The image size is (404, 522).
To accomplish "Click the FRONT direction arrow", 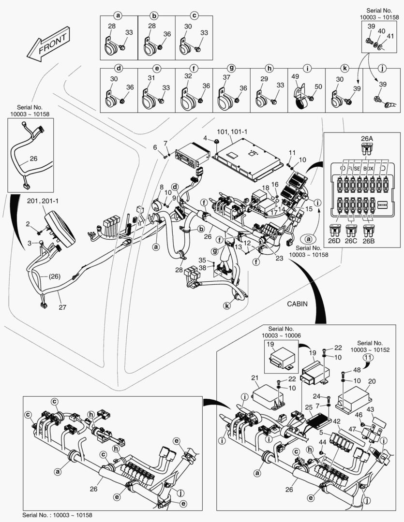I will point(48,44).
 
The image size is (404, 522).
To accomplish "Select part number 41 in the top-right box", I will point(389,36).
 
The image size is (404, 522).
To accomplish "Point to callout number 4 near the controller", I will point(205,138).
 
